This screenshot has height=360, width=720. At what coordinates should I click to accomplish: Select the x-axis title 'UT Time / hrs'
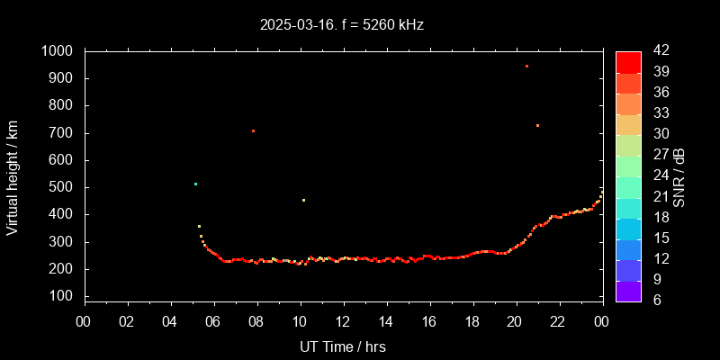click(x=344, y=346)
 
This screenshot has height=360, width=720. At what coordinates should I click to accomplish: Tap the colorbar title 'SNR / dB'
click(x=679, y=175)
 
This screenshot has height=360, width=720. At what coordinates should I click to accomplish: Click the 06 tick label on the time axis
click(x=213, y=322)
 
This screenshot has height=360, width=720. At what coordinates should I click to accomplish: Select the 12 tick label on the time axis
click(x=343, y=322)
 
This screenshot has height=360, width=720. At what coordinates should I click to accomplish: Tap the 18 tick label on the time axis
click(x=472, y=322)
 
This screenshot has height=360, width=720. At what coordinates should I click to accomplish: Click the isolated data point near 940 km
click(x=526, y=67)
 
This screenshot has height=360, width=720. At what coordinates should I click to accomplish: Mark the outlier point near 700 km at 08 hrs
click(x=253, y=131)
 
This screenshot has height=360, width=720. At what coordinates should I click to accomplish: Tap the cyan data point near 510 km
click(x=195, y=184)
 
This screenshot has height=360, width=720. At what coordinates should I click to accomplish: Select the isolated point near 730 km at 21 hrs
click(x=537, y=125)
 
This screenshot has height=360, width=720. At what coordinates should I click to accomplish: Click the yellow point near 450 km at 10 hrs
click(x=303, y=200)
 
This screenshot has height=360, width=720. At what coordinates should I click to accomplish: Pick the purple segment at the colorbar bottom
click(x=628, y=291)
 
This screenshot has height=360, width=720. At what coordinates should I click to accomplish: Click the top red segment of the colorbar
click(x=628, y=61)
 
